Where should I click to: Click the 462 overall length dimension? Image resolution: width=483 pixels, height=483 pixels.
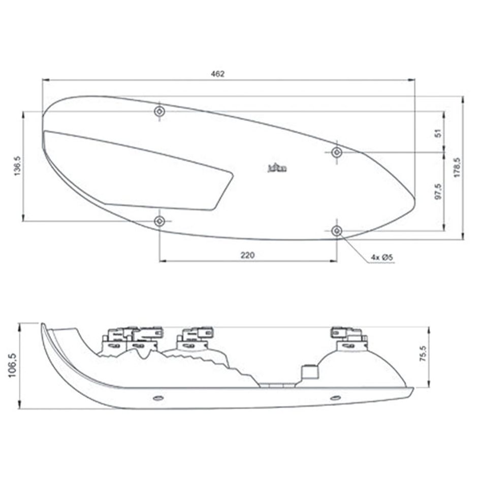(217, 74)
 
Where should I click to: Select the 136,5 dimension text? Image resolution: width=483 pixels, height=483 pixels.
(17, 166)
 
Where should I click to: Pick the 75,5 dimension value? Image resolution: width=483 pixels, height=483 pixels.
(423, 354)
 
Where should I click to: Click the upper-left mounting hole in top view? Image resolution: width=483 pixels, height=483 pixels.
(160, 111)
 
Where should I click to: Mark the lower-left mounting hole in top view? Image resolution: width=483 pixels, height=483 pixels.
(160, 220)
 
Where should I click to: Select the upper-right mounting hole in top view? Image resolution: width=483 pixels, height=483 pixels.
(336, 152)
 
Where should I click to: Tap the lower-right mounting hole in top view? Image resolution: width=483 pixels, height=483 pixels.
(336, 231)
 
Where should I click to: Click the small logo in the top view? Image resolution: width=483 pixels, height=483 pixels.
(277, 168)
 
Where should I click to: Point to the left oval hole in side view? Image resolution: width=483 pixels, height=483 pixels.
(158, 398)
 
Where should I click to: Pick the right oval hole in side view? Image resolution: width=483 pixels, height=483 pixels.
(335, 397)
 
